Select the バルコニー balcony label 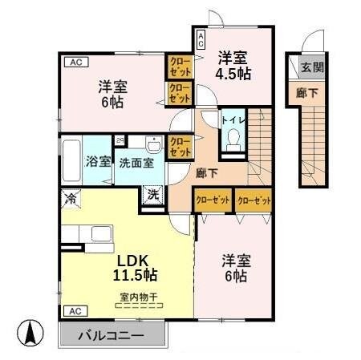[x=111, y=336]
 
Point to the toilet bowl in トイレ [x=233, y=141]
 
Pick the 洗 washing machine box [x=152, y=193]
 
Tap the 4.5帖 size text [x=233, y=73]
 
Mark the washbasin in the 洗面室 [x=153, y=143]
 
